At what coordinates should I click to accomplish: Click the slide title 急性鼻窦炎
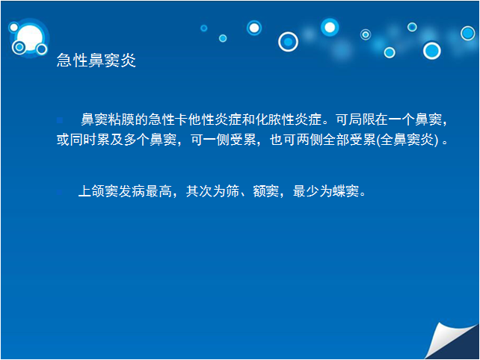pos(96,60)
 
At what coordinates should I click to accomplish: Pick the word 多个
pos(137,140)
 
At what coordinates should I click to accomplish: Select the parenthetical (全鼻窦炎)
pos(407,140)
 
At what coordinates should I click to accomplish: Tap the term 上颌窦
pos(98,191)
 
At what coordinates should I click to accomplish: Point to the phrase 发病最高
pos(145,191)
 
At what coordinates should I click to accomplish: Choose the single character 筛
pos(233,191)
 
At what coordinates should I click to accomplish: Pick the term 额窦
pos(265,191)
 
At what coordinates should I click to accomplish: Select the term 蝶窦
pos(346,191)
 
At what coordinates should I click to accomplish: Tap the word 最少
pos(306,191)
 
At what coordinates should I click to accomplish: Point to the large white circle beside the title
pos(30,38)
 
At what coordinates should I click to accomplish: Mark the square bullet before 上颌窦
pos(59,192)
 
